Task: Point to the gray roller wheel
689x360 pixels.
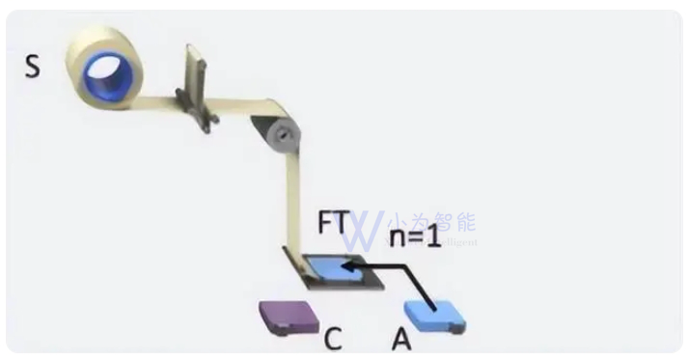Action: coord(281,136)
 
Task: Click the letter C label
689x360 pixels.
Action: coord(333,339)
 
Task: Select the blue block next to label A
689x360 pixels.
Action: coord(434,315)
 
